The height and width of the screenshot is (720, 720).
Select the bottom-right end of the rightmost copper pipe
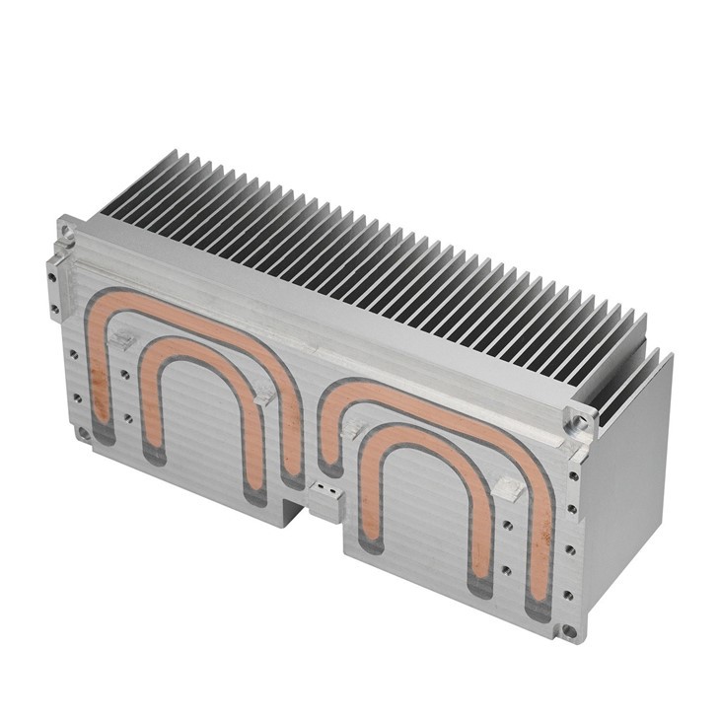(x=539, y=608)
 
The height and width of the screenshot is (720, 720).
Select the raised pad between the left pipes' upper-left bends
(x=122, y=340)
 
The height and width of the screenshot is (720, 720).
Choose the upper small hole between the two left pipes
(x=126, y=374)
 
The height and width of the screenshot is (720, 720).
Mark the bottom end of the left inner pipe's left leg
(x=154, y=453)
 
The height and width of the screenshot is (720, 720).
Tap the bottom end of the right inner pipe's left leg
(x=371, y=542)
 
